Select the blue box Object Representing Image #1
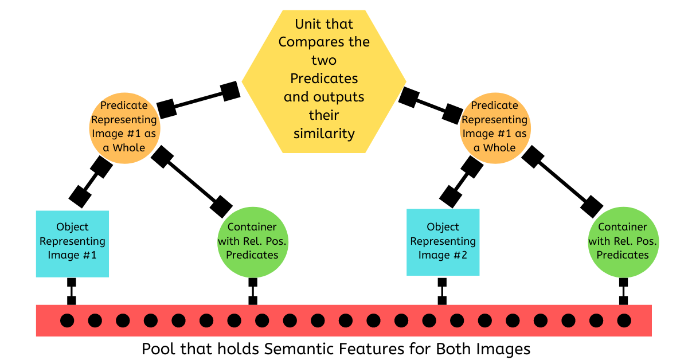tap(72, 243)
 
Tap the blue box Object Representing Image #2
tap(443, 243)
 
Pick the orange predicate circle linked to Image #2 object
tap(494, 127)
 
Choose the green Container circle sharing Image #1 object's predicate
tap(252, 241)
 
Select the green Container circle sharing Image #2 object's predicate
tap(623, 241)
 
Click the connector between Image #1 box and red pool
tap(72, 291)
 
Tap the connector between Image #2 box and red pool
tap(442, 291)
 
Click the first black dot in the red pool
tap(67, 320)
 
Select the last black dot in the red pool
tap(624, 320)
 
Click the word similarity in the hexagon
tap(324, 134)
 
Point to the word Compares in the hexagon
tap(324, 42)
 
